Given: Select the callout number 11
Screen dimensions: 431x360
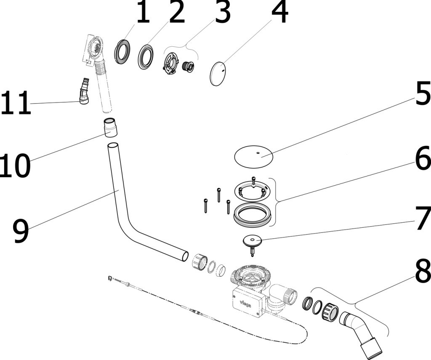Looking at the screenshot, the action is pos(16,102).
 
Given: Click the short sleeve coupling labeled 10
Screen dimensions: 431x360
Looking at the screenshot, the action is pos(110,127).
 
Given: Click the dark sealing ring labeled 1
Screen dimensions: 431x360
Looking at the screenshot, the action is pos(122,52).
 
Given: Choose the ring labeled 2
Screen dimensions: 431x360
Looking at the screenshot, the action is pos(146,57).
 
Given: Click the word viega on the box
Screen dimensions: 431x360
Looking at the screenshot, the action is pos(245,303).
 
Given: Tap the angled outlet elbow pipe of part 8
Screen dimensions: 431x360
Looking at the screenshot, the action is pos(360,334).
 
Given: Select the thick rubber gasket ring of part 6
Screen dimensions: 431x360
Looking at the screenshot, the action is pos(253,215).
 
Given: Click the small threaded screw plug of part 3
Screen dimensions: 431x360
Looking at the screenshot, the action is pos(188,66).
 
